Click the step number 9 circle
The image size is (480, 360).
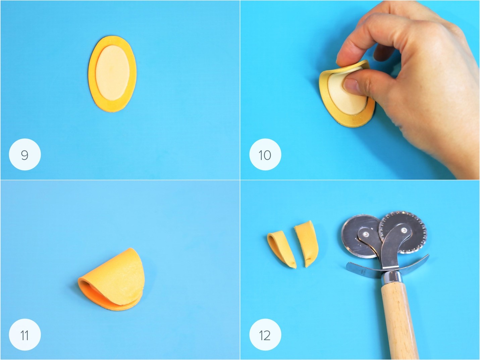(25, 154)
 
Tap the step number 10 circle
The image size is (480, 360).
(265, 154)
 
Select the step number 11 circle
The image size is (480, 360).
(25, 335)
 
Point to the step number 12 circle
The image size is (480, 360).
(265, 335)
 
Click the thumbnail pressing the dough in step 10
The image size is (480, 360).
(352, 86)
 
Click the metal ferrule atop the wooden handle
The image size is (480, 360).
(391, 278)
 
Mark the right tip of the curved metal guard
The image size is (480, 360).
(428, 255)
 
